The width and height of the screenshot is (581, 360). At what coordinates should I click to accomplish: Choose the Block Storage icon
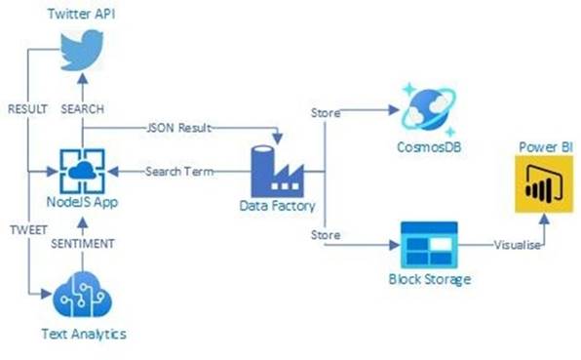(429, 244)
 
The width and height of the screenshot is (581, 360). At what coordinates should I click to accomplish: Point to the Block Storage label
(430, 280)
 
